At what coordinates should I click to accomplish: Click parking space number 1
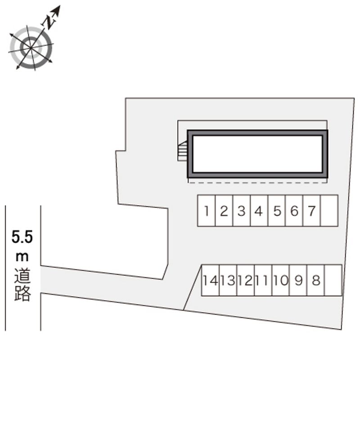pos(207,211)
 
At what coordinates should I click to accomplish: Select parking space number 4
pos(259,211)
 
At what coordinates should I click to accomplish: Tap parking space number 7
pos(312,211)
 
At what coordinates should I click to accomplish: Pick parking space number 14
pos(211,280)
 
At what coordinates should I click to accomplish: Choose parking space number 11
pos(263,280)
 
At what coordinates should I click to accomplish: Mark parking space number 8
pos(316,280)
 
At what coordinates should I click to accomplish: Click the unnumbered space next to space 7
pos(329,211)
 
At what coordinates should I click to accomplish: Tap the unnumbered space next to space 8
pos(333,280)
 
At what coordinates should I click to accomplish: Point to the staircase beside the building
pos(183,151)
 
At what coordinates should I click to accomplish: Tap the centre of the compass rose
pos(31,48)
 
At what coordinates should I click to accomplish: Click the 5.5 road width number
pos(22,237)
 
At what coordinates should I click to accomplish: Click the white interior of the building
pos(258,154)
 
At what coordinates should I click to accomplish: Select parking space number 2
pos(224,211)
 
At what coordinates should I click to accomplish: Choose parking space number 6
pos(294,211)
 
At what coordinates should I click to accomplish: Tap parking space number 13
pos(228,280)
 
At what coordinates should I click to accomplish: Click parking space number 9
pos(298,280)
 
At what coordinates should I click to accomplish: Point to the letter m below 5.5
pos(22,257)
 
